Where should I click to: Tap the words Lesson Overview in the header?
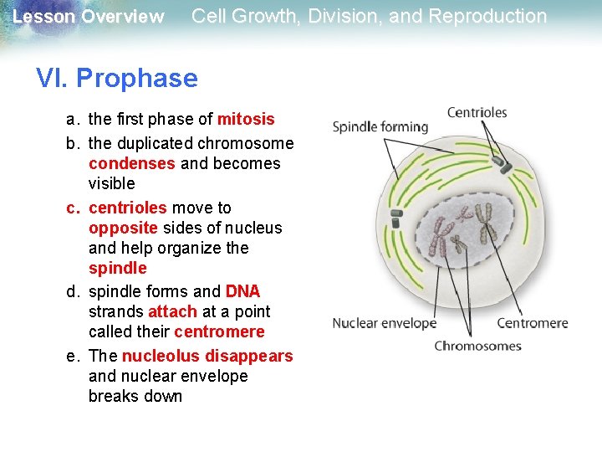(x=89, y=17)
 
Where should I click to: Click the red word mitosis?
(x=246, y=120)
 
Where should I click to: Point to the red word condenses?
(x=132, y=163)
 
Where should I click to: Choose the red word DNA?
(x=242, y=291)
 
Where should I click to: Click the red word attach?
(x=172, y=311)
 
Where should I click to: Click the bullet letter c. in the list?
(x=74, y=208)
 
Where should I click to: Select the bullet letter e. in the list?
(x=74, y=356)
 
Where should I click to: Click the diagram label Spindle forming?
(x=380, y=127)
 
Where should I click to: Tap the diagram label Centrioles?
(x=477, y=112)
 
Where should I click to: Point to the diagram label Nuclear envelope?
(x=384, y=323)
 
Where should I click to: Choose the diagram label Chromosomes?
(x=477, y=346)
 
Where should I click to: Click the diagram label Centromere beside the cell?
(x=532, y=323)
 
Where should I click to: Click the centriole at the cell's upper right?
(x=506, y=167)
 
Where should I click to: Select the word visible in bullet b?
(x=111, y=183)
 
